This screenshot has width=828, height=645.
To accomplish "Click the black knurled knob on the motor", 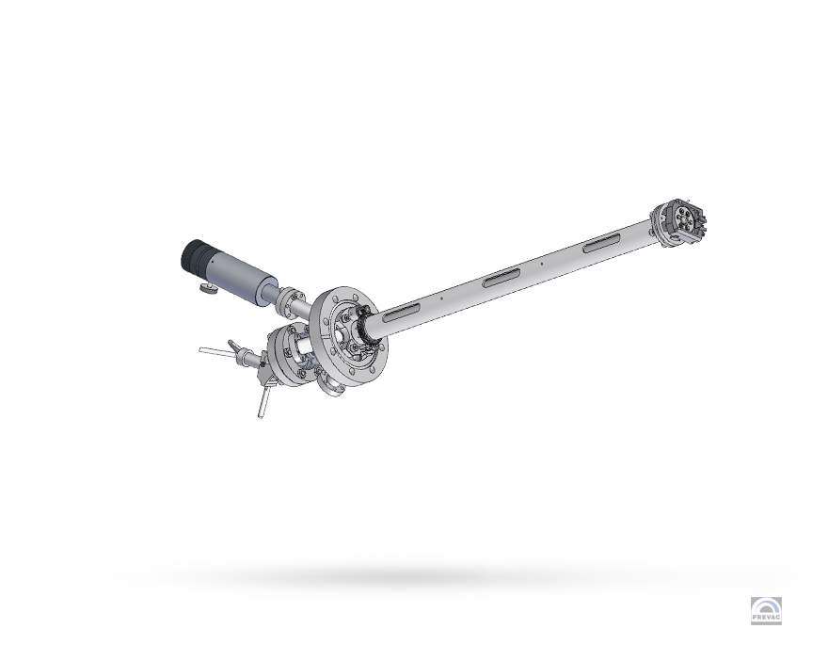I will point(197,254).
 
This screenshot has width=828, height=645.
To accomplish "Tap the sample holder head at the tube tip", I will point(684,222).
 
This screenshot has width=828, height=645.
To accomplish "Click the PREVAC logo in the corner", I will point(766,611).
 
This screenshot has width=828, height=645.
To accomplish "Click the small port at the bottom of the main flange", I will point(331,385).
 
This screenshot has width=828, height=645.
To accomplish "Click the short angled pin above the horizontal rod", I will point(234,346).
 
